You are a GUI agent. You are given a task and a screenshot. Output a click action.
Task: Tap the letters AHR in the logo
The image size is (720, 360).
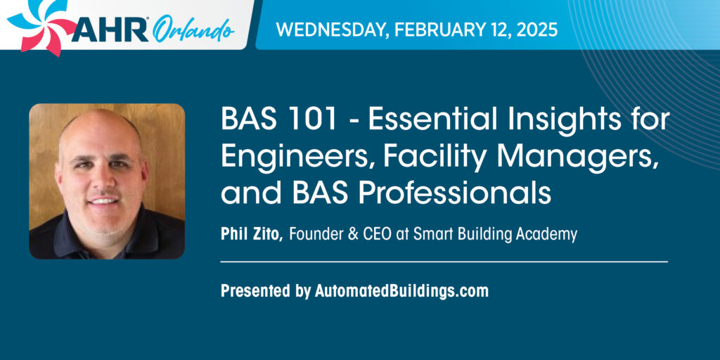point(110,31)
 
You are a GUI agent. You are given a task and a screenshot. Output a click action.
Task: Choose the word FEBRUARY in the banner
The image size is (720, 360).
point(438,30)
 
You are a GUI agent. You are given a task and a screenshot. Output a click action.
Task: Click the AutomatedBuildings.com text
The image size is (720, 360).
point(401,291)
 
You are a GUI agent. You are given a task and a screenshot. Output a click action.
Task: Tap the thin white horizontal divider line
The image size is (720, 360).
point(444,262)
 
